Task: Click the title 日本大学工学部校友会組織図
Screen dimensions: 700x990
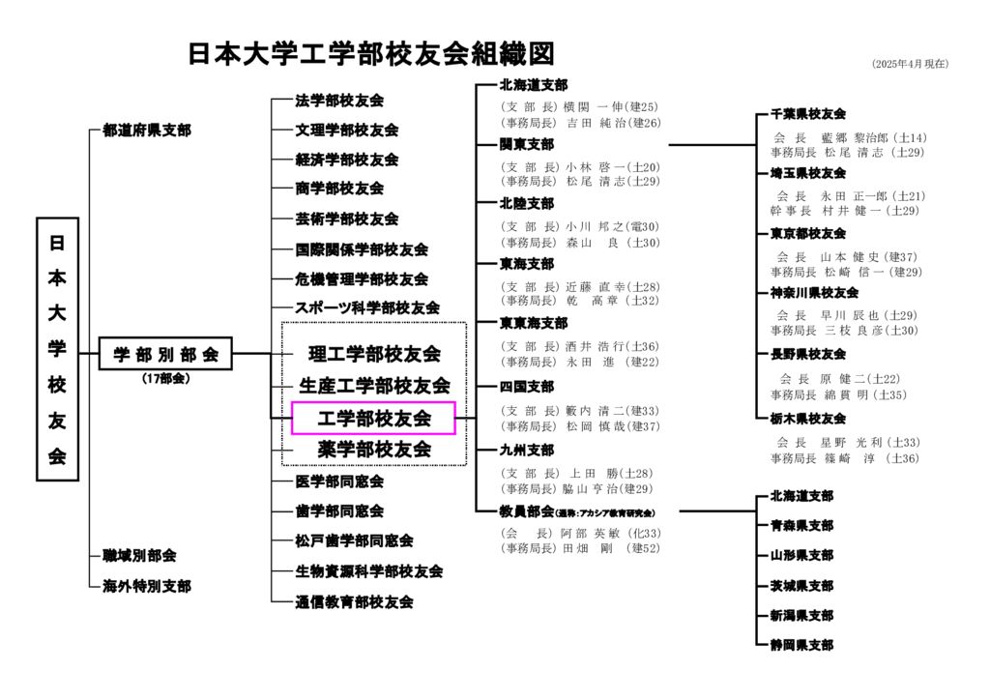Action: (371, 54)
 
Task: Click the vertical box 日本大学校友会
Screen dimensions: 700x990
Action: (57, 348)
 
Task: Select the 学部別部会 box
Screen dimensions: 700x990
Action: (166, 354)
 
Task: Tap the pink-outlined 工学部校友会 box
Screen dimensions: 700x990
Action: (373, 418)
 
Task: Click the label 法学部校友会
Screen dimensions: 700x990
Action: (339, 101)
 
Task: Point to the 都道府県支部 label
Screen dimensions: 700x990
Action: (147, 130)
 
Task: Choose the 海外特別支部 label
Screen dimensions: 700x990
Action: (147, 586)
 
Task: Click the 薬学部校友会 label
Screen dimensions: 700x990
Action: (373, 450)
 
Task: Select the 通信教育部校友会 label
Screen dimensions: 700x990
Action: (354, 601)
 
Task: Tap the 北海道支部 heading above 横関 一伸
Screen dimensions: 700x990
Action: (534, 85)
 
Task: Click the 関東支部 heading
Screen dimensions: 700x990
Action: (527, 144)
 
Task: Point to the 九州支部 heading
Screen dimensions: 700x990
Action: (527, 450)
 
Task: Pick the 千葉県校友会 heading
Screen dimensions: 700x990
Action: (808, 114)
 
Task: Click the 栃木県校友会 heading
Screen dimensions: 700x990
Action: (808, 419)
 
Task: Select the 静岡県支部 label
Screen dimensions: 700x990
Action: (801, 644)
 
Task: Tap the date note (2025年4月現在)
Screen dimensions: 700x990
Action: (910, 64)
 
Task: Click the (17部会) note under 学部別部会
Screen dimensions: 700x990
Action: (165, 379)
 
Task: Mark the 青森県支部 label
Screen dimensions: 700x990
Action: (801, 526)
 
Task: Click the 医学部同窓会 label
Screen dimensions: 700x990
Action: (339, 481)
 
